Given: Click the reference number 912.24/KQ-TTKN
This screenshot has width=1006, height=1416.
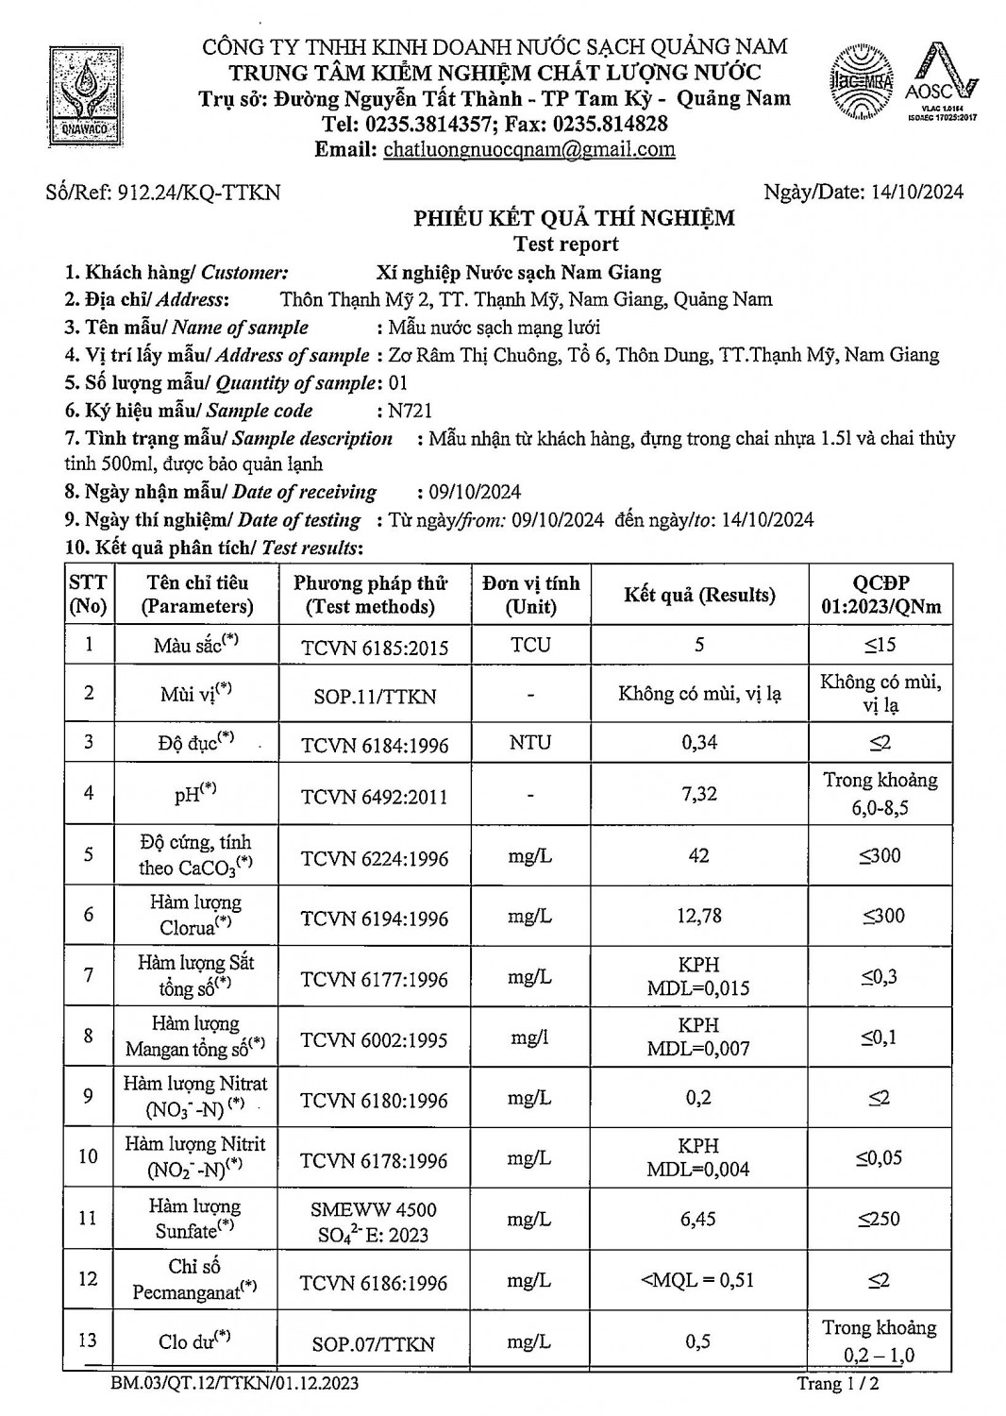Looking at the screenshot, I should (199, 193).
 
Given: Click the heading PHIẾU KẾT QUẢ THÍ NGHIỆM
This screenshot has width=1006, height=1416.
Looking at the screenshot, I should (574, 219).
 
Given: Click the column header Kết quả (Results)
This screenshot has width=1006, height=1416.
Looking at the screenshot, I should (699, 595).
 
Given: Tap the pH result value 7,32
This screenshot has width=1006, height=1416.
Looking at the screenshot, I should (699, 793).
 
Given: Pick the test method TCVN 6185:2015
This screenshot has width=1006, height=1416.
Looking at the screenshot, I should (375, 648).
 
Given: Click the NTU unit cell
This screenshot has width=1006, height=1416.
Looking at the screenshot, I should (529, 742).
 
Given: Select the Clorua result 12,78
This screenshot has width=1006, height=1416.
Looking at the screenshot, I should (699, 916).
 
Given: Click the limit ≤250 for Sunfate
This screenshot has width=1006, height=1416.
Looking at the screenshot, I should (879, 1219).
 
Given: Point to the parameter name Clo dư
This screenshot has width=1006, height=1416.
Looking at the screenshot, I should (195, 1341).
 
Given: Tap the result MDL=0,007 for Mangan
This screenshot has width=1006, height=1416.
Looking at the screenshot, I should (699, 1049).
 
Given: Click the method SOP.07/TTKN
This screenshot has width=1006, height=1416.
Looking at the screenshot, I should (374, 1344).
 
